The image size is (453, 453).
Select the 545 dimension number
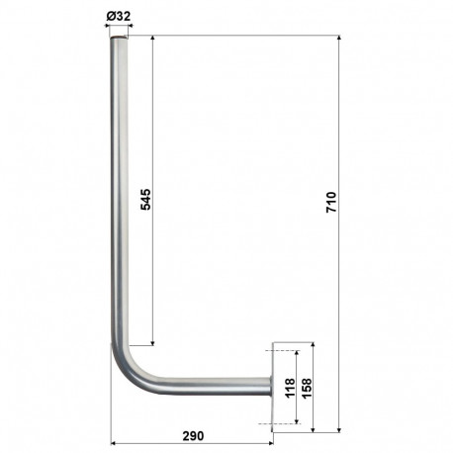click(144, 198)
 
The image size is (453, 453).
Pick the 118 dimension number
click(289, 387)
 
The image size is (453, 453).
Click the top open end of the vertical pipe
click(119, 40)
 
